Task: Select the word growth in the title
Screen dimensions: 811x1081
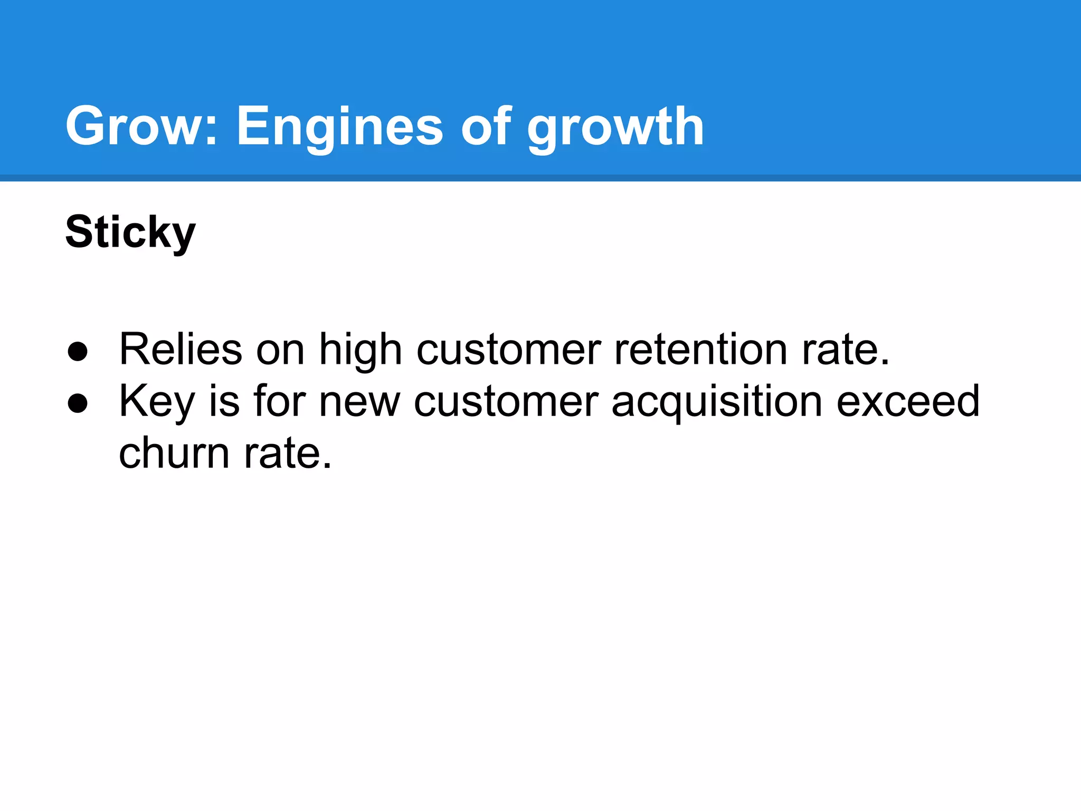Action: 615,126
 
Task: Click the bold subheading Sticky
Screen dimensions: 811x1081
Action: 130,232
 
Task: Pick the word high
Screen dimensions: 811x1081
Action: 361,349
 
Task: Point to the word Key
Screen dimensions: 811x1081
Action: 157,401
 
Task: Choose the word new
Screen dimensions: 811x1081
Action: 359,401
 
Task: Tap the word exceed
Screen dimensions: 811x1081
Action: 908,401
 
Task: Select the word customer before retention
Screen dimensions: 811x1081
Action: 508,349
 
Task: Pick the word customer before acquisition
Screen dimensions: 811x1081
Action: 506,401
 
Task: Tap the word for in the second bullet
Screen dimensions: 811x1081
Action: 279,401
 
